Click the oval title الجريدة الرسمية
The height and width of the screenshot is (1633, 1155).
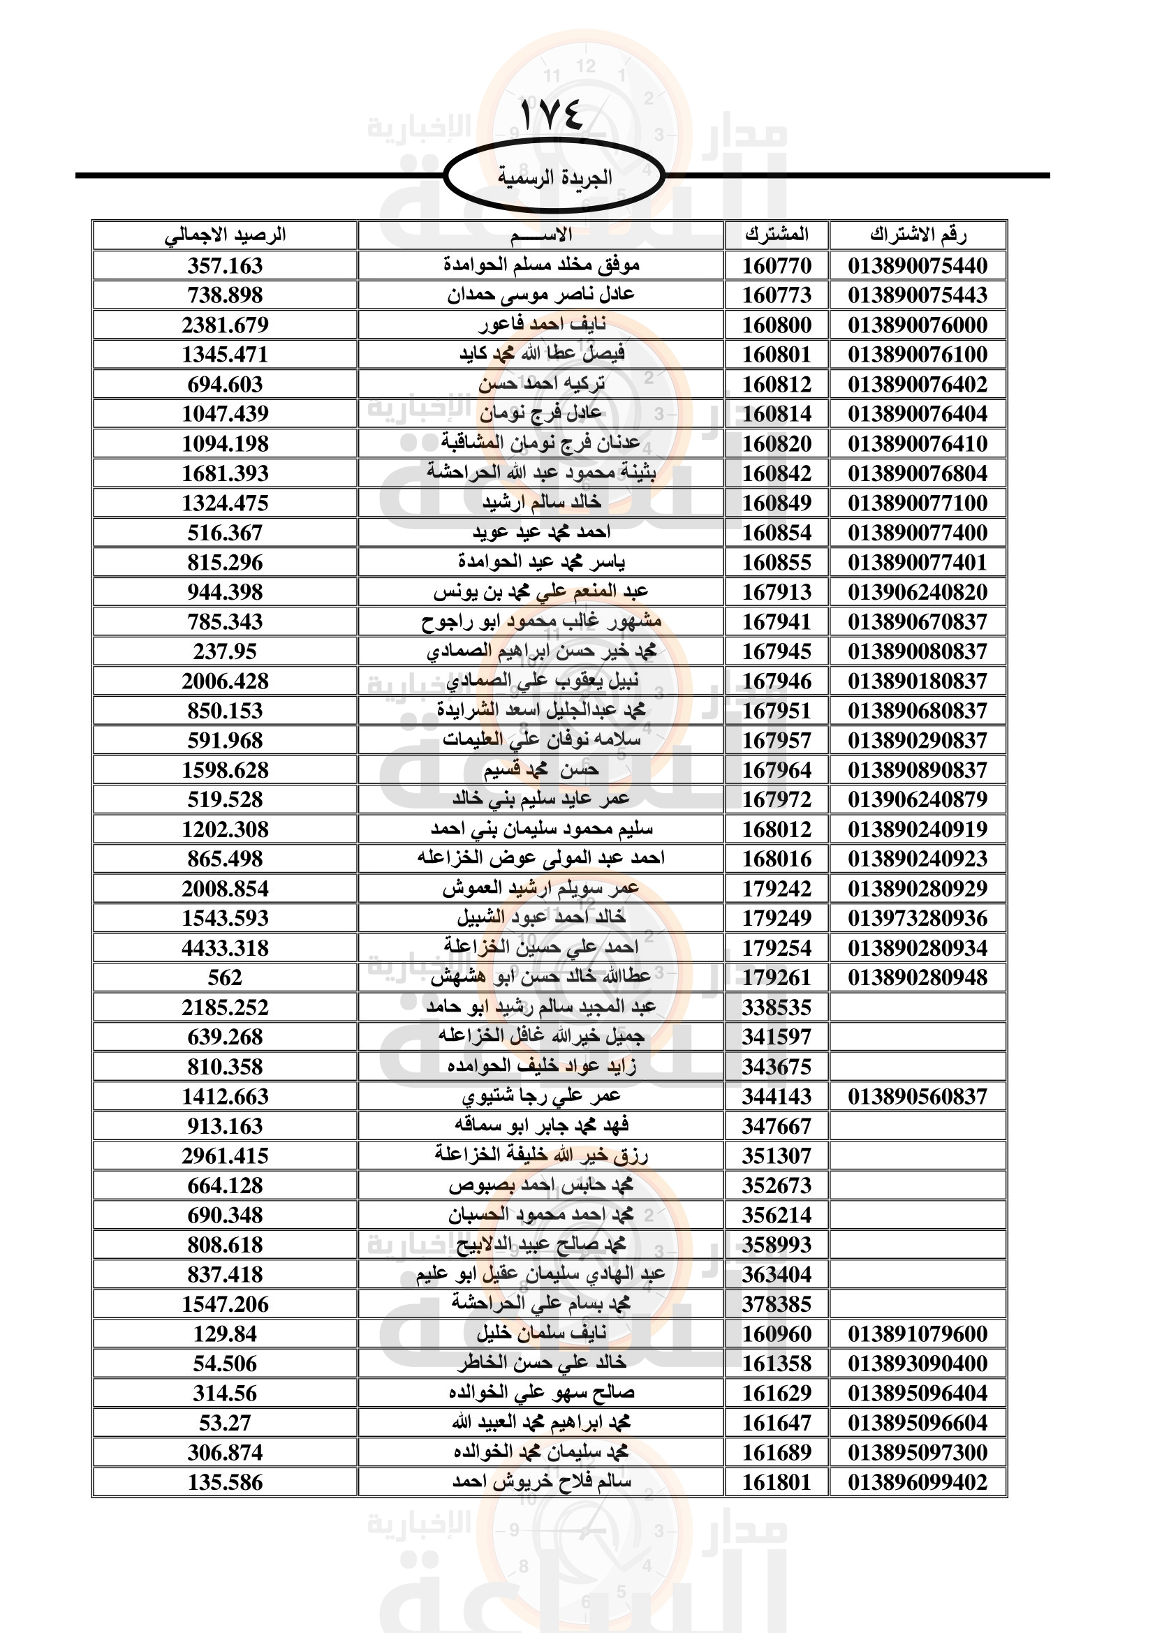click(554, 177)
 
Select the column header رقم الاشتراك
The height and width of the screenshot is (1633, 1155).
click(918, 235)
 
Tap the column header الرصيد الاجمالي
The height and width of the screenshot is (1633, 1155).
click(225, 235)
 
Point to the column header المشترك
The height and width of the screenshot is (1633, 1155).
click(777, 235)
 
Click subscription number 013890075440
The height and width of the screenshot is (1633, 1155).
click(918, 265)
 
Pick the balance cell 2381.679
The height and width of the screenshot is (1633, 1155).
click(225, 325)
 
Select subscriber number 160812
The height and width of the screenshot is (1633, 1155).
click(777, 384)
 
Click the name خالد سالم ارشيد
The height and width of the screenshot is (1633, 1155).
click(542, 503)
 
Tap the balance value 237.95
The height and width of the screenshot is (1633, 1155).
click(225, 651)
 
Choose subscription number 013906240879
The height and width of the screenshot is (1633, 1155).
click(918, 799)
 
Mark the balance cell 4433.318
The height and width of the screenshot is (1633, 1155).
click(225, 948)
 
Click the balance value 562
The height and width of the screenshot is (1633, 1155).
click(225, 977)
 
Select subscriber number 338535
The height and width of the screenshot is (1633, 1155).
click(777, 1007)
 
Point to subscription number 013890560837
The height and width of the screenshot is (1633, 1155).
click(918, 1096)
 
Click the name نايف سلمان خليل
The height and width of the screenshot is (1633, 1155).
click(542, 1333)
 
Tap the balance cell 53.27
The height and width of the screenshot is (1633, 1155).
click(225, 1422)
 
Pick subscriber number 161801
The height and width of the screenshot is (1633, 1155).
click(777, 1482)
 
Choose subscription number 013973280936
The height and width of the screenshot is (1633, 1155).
click(918, 918)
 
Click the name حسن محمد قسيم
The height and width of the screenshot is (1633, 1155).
click(542, 769)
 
